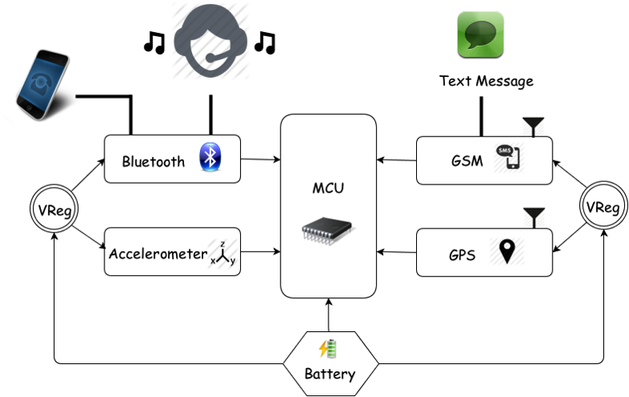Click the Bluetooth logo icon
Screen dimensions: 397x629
click(x=210, y=159)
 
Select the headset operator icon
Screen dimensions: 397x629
click(x=210, y=36)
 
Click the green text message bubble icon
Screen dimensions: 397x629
click(x=480, y=34)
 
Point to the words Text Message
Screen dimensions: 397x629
click(x=486, y=81)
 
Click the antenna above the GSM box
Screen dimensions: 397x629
click(x=534, y=127)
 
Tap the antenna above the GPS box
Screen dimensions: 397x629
click(x=534, y=217)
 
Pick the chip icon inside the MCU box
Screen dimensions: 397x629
click(x=328, y=231)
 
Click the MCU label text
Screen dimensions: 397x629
click(x=327, y=192)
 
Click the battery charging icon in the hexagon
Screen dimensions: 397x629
click(x=329, y=349)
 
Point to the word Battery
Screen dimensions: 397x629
click(x=329, y=374)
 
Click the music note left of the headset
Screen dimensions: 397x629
click(x=153, y=43)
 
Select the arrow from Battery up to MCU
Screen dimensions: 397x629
click(x=329, y=314)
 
